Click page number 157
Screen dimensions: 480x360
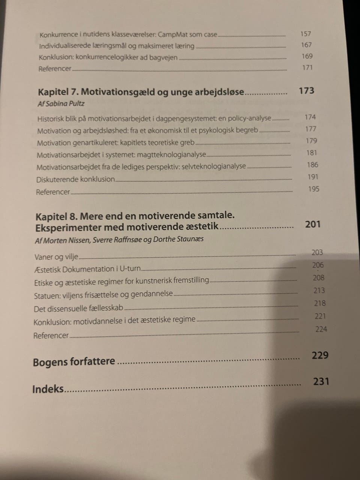coord(306,34)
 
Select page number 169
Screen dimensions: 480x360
coord(307,56)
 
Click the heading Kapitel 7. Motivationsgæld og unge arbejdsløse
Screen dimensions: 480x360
coord(141,92)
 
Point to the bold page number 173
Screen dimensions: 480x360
coord(306,91)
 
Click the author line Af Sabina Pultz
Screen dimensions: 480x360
coord(61,104)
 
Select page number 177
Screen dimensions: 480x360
coord(310,129)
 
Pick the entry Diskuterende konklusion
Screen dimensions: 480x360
coord(75,179)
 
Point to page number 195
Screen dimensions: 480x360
coord(313,189)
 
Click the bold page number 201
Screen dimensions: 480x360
coord(313,224)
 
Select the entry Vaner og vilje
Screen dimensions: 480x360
coord(56,257)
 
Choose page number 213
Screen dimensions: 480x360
coord(319,291)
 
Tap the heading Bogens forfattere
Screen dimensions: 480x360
coord(74,362)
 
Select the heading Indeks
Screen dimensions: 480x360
coord(48,388)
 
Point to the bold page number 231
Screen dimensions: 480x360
coord(321,381)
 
